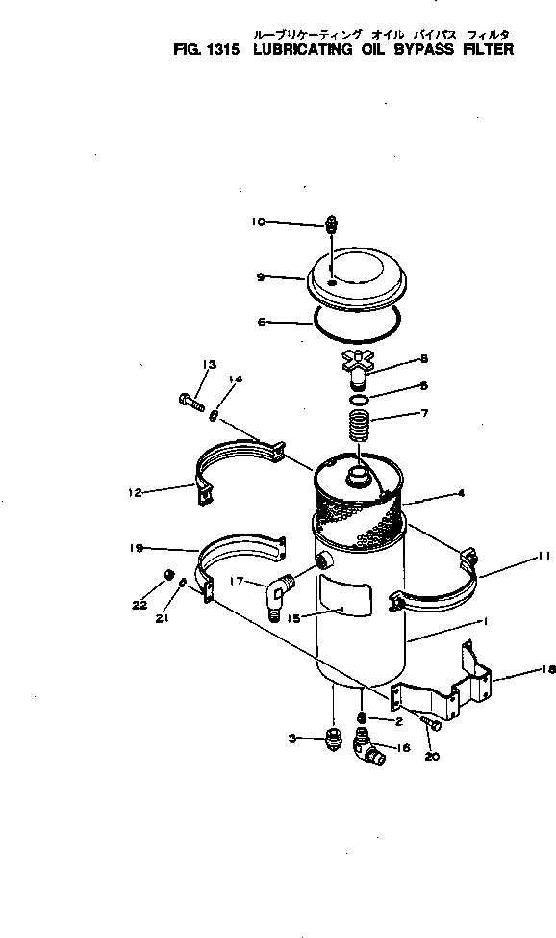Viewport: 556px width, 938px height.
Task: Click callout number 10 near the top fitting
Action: coord(258,221)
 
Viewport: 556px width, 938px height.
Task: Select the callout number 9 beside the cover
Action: coord(261,276)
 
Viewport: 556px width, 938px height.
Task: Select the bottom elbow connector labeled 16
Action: coord(366,747)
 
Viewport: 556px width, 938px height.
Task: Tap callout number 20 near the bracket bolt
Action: coord(431,756)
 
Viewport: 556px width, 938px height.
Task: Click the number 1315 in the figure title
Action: coord(220,49)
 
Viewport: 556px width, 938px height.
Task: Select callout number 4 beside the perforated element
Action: coord(461,493)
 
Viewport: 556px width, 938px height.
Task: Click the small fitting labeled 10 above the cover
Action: coord(330,225)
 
